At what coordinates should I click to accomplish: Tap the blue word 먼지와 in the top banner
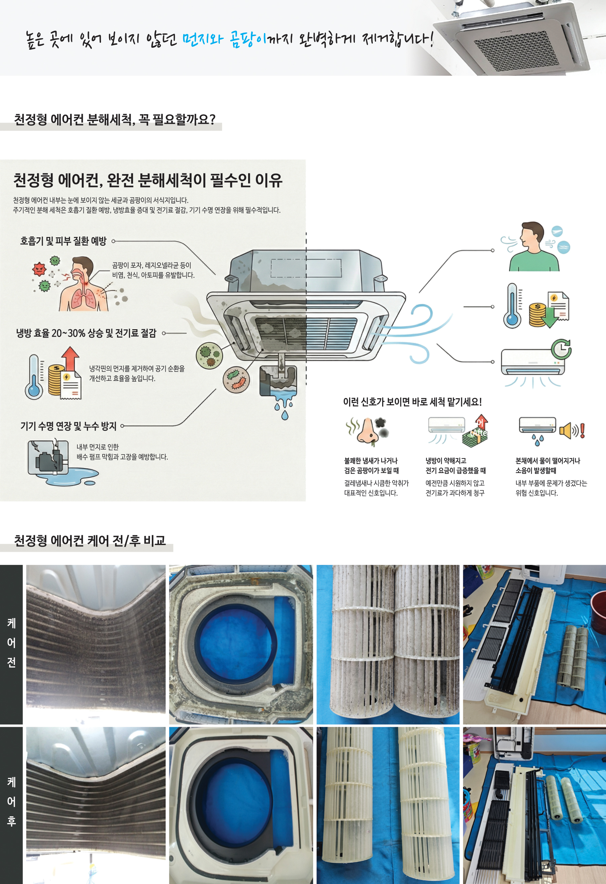pos(202,39)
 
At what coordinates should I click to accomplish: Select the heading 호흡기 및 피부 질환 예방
pos(63,241)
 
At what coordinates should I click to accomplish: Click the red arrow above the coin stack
pos(70,357)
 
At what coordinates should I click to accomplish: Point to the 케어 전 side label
pos(11,643)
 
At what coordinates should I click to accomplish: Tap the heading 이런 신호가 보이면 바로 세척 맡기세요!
pos(412,402)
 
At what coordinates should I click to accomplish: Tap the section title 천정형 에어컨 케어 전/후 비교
pos(90,541)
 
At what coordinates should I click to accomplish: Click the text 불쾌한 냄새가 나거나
pos(371,461)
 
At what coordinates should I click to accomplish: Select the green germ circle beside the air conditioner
pos(209,355)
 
